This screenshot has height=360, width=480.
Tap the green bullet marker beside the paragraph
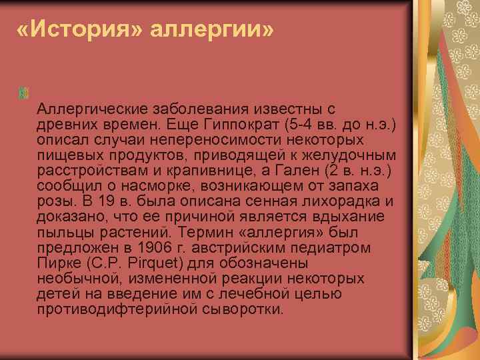[x=26, y=93]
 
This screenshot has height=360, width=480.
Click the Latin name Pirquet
[x=141, y=263]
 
